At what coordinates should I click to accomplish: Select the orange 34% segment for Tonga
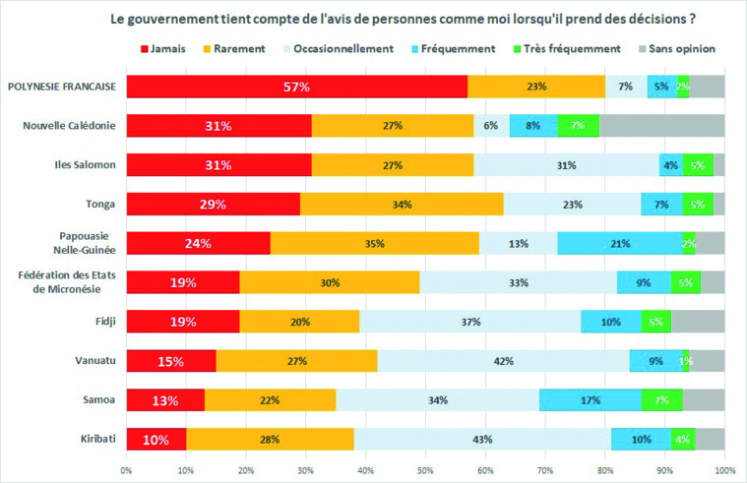(402, 204)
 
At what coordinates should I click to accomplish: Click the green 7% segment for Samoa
(661, 399)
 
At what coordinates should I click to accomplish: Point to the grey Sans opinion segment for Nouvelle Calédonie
(661, 126)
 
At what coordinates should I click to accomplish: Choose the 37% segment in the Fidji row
(469, 322)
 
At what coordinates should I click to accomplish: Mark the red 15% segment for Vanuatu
(171, 361)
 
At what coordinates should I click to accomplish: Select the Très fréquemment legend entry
(583, 47)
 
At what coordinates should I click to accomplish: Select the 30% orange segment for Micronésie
(330, 282)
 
